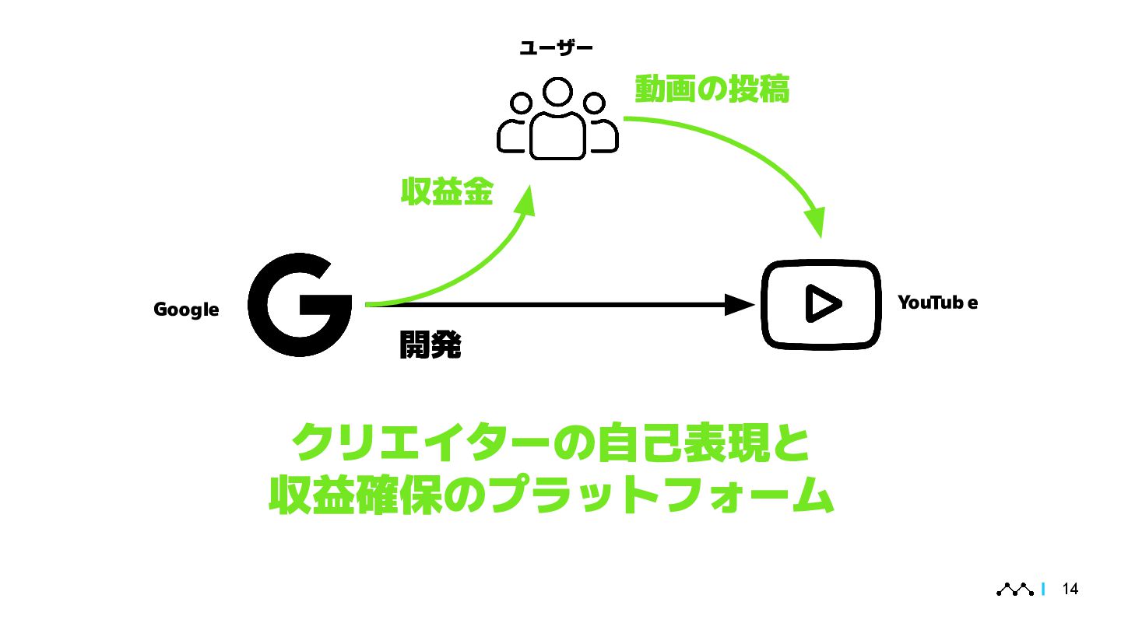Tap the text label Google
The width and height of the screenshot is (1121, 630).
[x=186, y=310]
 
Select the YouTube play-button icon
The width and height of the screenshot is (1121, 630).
[x=821, y=304]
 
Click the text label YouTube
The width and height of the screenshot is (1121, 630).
[x=937, y=303]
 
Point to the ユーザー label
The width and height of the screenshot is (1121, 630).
[x=556, y=49]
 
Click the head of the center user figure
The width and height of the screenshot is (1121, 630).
[x=557, y=92]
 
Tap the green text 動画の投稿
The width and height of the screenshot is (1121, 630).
[x=712, y=89]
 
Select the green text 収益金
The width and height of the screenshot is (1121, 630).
[x=447, y=191]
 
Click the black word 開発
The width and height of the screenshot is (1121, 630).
[x=430, y=345]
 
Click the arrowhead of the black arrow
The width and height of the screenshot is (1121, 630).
[x=740, y=305]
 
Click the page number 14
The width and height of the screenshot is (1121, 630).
[x=1070, y=590]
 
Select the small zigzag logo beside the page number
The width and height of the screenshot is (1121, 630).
[x=1015, y=590]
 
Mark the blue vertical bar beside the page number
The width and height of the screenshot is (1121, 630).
[x=1042, y=590]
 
